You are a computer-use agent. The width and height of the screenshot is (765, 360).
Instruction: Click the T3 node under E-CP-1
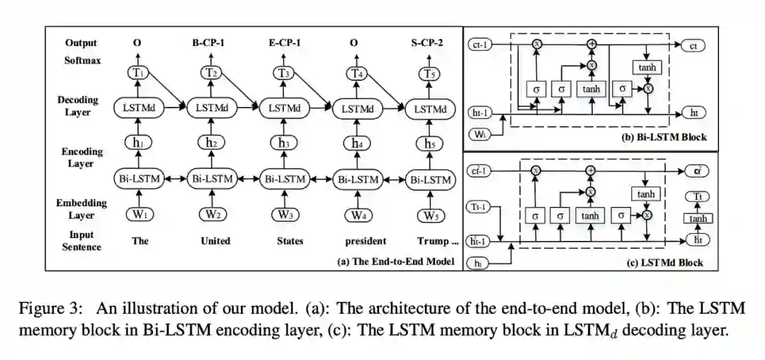pyautogui.click(x=284, y=74)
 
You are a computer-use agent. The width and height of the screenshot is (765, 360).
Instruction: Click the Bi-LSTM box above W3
pyautogui.click(x=284, y=179)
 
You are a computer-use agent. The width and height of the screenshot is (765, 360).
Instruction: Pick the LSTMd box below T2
pyautogui.click(x=211, y=108)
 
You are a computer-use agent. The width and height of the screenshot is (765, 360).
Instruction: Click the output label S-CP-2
pyautogui.click(x=428, y=43)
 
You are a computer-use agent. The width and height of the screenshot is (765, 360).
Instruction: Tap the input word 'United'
pyautogui.click(x=215, y=241)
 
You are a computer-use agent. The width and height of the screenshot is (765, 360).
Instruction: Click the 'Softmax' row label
pyautogui.click(x=82, y=61)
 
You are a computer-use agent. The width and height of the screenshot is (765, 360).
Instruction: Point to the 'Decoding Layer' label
pyautogui.click(x=78, y=106)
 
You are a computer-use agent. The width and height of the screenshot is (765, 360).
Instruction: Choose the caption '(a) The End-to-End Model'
pyautogui.click(x=395, y=261)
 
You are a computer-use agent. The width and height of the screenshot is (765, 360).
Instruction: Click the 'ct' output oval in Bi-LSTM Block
pyautogui.click(x=693, y=46)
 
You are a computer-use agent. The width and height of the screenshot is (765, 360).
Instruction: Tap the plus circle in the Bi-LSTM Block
pyautogui.click(x=592, y=44)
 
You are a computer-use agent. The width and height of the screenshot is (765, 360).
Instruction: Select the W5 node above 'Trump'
pyautogui.click(x=429, y=215)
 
